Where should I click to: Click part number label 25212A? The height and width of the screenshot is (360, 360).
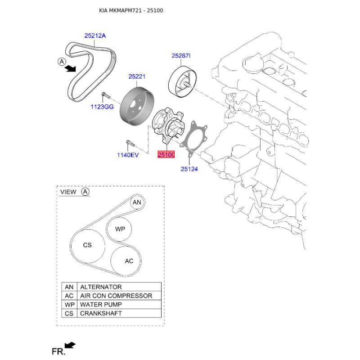(x=95, y=36)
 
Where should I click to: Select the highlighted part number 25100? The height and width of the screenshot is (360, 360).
(x=166, y=154)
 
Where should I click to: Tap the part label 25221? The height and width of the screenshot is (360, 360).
(x=137, y=77)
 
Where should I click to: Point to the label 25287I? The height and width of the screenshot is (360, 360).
(x=181, y=56)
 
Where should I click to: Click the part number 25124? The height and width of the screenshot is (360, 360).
(x=189, y=169)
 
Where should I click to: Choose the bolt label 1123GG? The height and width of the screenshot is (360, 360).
(x=101, y=107)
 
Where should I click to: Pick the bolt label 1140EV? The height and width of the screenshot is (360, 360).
(x=128, y=154)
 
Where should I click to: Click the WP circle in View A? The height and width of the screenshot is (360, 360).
(x=120, y=229)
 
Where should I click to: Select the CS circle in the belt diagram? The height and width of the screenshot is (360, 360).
(x=87, y=245)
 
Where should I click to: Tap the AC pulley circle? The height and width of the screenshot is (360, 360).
(x=129, y=261)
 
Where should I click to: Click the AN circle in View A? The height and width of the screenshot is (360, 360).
(x=137, y=202)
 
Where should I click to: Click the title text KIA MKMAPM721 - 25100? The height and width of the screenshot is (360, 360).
(x=131, y=10)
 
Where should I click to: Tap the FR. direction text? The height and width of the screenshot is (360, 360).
(x=58, y=351)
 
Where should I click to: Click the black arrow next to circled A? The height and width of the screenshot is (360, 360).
(x=70, y=68)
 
